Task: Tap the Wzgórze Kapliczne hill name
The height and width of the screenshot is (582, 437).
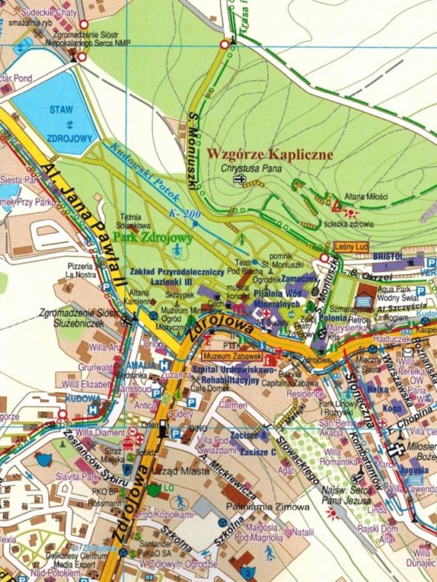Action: coord(269,154)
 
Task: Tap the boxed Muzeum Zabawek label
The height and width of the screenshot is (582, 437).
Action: coord(236,356)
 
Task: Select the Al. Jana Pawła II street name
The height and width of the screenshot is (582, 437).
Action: coord(81,221)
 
